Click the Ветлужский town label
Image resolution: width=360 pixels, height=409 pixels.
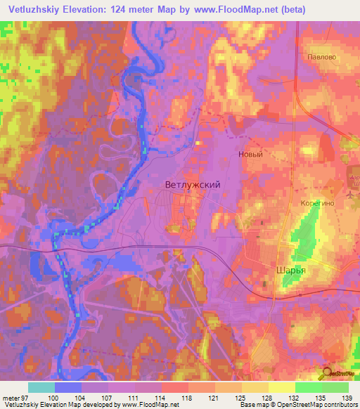click(192, 185)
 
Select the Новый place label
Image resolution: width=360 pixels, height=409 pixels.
click(250, 155)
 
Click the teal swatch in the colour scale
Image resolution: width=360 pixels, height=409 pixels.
click(41, 387)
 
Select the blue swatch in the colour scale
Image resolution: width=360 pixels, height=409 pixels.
click(67, 387)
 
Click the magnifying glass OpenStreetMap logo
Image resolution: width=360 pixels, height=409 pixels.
click(326, 375)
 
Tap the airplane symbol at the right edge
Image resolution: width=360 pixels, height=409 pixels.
click(352, 191)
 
